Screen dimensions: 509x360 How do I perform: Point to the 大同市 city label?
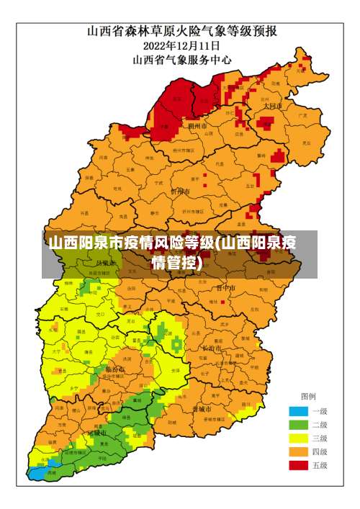tap(272, 105)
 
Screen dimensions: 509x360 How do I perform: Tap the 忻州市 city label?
tap(180, 192)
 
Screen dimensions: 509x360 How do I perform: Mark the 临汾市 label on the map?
tap(114, 369)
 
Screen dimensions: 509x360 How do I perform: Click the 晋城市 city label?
tap(202, 408)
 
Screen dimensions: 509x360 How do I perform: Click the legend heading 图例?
tap(308, 396)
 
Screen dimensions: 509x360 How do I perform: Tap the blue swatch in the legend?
tap(299, 411)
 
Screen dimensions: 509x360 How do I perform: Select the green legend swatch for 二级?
tap(299, 425)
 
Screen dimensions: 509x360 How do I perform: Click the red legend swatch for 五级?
tap(299, 465)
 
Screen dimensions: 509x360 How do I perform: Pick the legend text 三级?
tap(319, 438)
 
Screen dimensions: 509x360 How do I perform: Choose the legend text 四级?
tap(319, 452)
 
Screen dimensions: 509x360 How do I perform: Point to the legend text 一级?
tap(319, 411)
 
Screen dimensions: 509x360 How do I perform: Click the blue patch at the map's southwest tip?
tap(36, 473)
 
